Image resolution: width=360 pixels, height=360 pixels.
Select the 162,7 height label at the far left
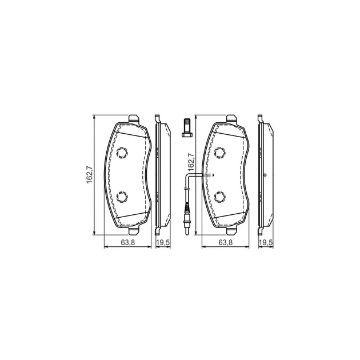[x=89, y=174]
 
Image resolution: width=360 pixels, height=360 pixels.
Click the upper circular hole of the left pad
[x=123, y=153]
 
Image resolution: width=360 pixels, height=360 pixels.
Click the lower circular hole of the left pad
[x=123, y=197]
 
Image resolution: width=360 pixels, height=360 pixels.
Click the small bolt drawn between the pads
[x=186, y=127]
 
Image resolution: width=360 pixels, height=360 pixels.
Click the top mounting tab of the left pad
[x=134, y=119]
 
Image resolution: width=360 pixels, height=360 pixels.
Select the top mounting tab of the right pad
[x=233, y=119]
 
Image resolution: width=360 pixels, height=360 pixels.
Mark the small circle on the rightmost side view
[x=266, y=174]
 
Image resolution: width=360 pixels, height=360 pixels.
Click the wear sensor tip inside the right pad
[x=211, y=175]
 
